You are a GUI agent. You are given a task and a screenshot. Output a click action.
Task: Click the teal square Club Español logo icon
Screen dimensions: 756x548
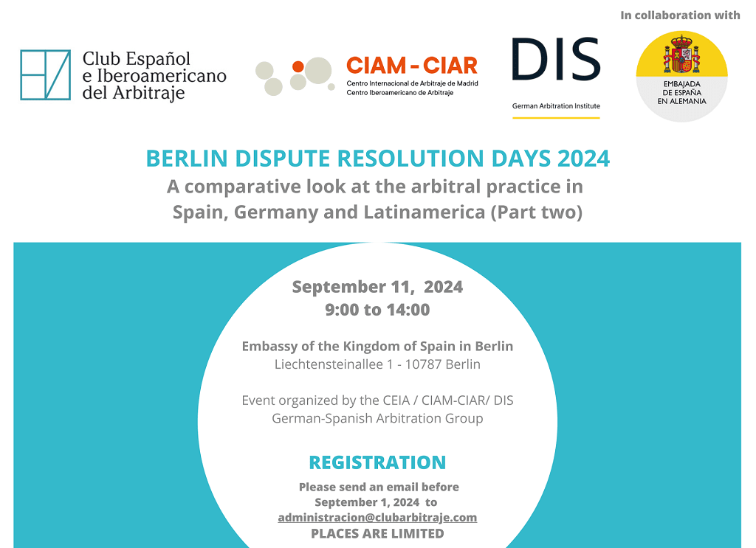pyautogui.click(x=45, y=74)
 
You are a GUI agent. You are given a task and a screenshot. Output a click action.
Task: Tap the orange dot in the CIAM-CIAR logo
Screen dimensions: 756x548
pyautogui.click(x=298, y=66)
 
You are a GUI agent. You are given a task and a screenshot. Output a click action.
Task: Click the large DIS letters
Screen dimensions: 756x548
pyautogui.click(x=556, y=59)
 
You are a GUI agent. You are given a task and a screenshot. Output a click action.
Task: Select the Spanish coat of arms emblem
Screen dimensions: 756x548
pyautogui.click(x=681, y=53)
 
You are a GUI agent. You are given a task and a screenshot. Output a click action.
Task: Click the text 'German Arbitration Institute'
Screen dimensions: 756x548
pyautogui.click(x=556, y=106)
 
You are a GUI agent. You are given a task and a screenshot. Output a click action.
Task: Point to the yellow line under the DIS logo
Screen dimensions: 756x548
pyautogui.click(x=556, y=117)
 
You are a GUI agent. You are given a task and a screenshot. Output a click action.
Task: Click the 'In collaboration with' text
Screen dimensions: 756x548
pyautogui.click(x=680, y=15)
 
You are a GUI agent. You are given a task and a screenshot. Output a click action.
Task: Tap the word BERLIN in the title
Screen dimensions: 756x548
pyautogui.click(x=187, y=159)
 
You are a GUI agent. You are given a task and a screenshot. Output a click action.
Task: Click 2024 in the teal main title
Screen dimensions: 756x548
pyautogui.click(x=583, y=159)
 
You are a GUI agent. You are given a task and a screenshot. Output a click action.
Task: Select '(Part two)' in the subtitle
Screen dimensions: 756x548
pyautogui.click(x=536, y=212)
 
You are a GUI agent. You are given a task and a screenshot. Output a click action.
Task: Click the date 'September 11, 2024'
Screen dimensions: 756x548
pyautogui.click(x=377, y=287)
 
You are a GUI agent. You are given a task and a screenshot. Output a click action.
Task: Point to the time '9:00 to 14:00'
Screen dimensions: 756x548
pyautogui.click(x=377, y=310)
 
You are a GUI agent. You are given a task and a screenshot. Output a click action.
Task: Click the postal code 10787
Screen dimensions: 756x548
pyautogui.click(x=423, y=364)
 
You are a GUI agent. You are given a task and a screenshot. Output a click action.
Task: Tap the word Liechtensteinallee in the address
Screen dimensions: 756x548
pyautogui.click(x=329, y=364)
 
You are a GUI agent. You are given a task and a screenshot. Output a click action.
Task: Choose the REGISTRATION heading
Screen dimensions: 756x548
pyautogui.click(x=377, y=462)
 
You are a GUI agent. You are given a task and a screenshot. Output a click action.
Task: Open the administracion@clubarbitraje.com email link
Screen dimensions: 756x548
pyautogui.click(x=377, y=518)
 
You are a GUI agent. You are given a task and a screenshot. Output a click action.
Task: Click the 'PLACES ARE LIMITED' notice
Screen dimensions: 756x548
pyautogui.click(x=377, y=533)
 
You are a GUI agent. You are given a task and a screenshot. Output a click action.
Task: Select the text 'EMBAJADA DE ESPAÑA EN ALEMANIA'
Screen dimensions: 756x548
pyautogui.click(x=681, y=92)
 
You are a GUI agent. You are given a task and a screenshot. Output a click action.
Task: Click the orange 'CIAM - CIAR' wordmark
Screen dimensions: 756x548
pyautogui.click(x=412, y=66)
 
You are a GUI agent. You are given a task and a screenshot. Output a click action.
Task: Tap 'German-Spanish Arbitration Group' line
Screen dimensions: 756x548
pyautogui.click(x=377, y=418)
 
